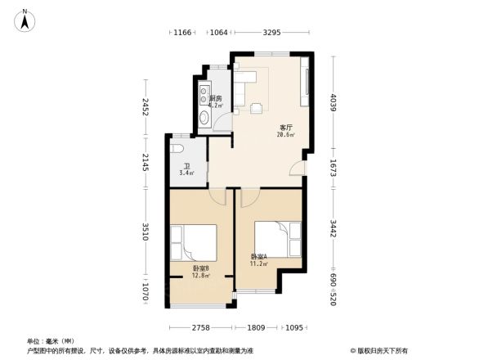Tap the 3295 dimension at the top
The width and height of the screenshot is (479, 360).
pyautogui.click(x=271, y=33)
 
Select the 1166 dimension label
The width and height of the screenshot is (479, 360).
pyautogui.click(x=181, y=33)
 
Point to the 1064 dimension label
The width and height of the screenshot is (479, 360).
pyautogui.click(x=218, y=33)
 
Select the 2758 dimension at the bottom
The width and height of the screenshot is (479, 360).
pyautogui.click(x=201, y=327)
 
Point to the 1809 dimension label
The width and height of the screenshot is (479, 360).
pyautogui.click(x=257, y=327)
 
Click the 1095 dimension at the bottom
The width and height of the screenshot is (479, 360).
pyautogui.click(x=293, y=327)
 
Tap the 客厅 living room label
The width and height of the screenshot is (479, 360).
pyautogui.click(x=286, y=128)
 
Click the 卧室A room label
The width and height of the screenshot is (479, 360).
pyautogui.click(x=259, y=257)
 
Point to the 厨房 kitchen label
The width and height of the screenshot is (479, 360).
pyautogui.click(x=216, y=99)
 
